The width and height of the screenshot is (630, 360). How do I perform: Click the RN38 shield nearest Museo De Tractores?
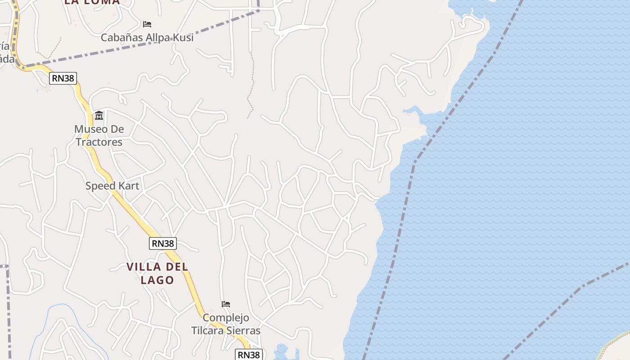click(x=63, y=78)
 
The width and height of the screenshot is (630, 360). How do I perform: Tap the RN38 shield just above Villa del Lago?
click(x=162, y=243)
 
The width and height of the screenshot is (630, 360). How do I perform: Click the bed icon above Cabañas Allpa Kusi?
click(x=147, y=24)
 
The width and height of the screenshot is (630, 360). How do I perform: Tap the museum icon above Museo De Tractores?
click(x=99, y=116)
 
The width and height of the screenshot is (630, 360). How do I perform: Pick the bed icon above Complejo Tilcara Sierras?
click(x=226, y=304)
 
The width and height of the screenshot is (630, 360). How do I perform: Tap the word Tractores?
click(x=99, y=142)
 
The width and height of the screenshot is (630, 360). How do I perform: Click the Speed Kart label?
click(x=112, y=185)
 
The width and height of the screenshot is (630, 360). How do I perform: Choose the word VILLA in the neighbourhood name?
click(x=143, y=267)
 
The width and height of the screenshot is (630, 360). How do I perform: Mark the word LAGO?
click(x=157, y=280)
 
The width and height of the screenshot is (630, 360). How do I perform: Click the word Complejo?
click(x=226, y=318)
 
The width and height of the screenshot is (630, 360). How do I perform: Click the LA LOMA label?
click(x=92, y=2)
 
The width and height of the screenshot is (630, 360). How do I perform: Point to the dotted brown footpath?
click(x=251, y=85)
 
